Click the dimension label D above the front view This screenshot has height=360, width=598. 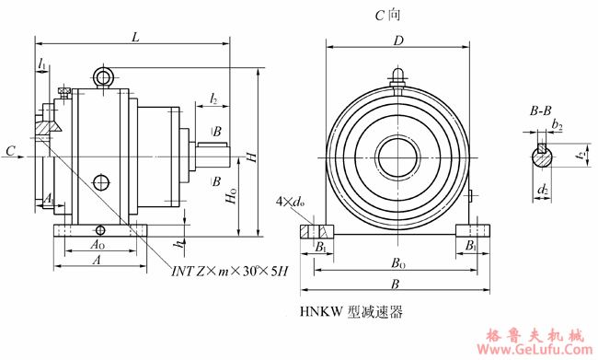coord(398,41)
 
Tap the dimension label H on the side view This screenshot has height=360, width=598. coord(250,159)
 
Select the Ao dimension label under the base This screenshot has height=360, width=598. coord(97,245)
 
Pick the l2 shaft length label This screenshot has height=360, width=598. coord(213,98)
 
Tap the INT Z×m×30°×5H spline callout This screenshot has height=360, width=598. coord(230,271)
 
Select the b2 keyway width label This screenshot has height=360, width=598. coord(558,124)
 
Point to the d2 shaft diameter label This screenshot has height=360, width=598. coord(544,190)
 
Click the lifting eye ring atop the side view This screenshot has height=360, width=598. coord(103,75)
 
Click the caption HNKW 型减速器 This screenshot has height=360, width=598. coord(351,313)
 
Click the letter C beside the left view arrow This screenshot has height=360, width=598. coord(9,150)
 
